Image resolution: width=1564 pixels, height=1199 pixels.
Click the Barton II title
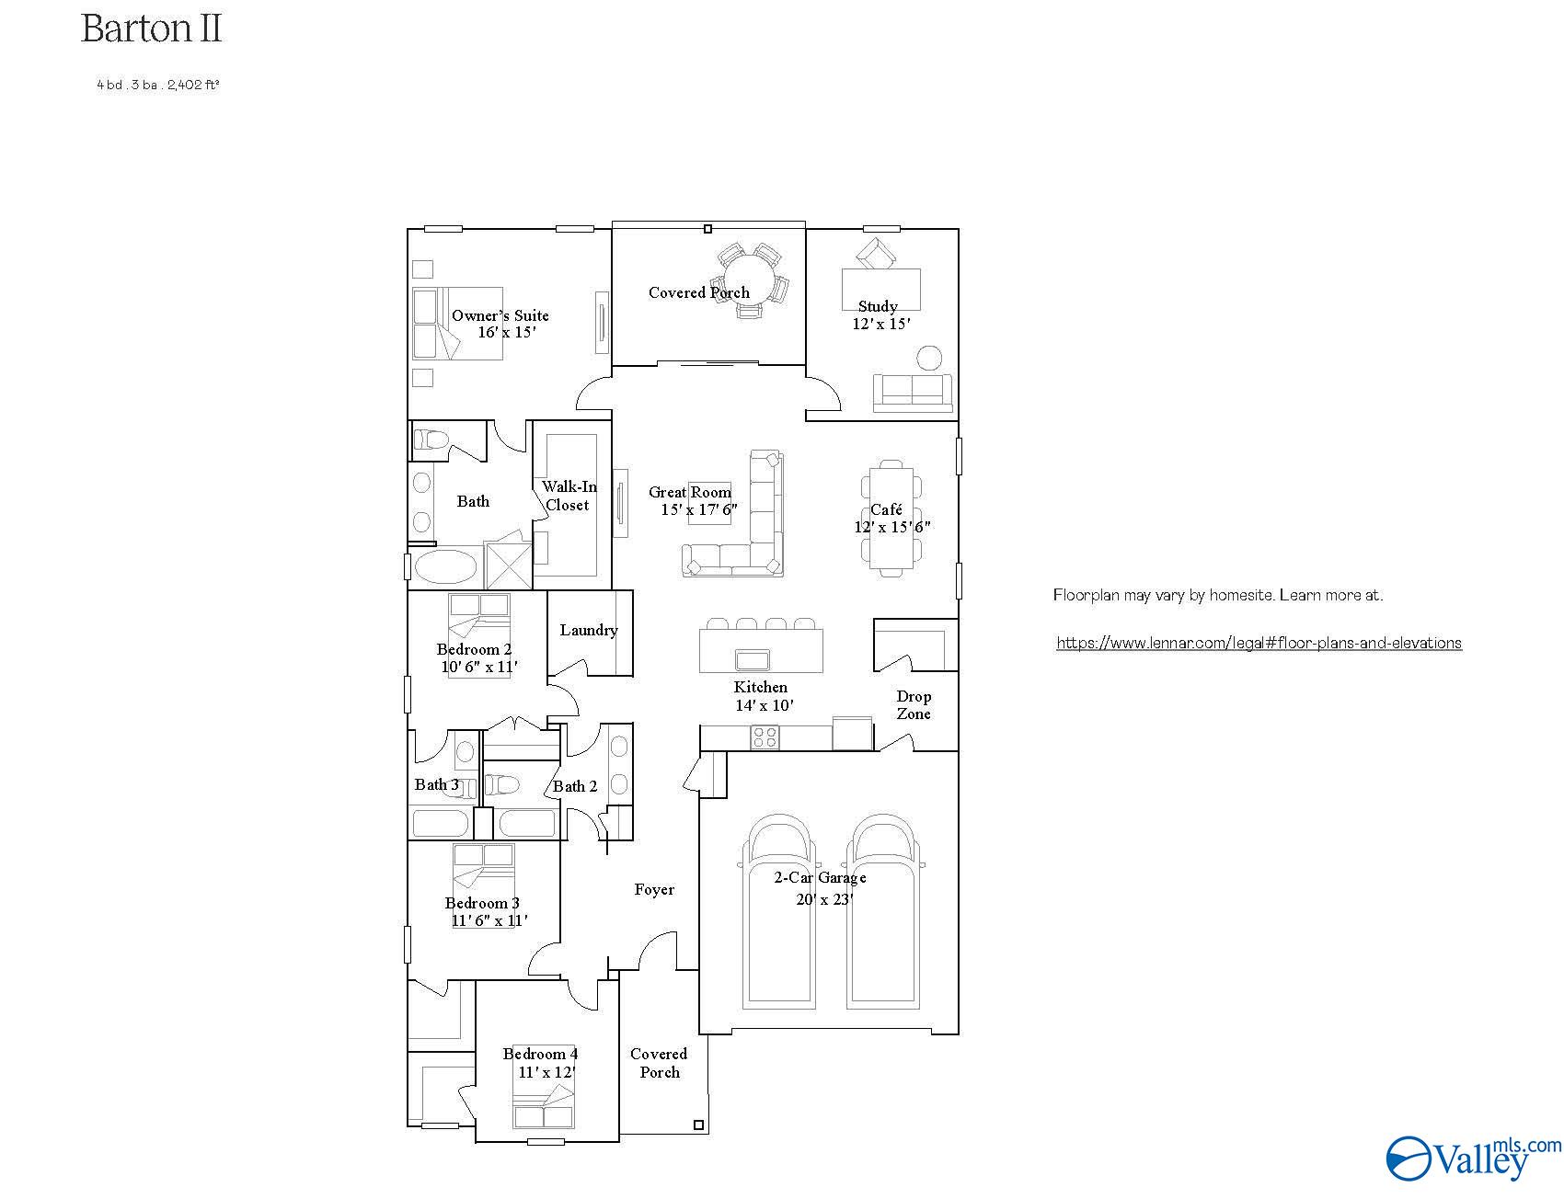[x=152, y=29]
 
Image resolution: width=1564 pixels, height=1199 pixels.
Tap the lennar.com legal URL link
[x=1259, y=644]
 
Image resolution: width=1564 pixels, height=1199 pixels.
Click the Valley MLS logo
[x=1473, y=1158]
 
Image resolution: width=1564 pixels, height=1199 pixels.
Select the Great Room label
[x=689, y=493]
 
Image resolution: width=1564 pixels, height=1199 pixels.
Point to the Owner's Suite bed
[x=457, y=323]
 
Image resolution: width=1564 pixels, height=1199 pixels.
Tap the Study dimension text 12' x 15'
[x=881, y=324]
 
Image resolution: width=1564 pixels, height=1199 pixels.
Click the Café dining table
[x=890, y=519]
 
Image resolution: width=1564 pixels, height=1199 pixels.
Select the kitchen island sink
[x=753, y=658]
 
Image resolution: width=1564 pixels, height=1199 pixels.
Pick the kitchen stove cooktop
[x=765, y=737]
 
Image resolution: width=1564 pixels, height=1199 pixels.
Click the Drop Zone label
[x=914, y=704]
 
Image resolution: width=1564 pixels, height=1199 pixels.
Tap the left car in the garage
[x=780, y=910]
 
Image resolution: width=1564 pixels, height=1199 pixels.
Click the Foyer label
[x=654, y=889]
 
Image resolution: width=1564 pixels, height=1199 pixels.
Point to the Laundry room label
[x=588, y=630]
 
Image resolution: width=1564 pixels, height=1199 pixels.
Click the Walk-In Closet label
[x=569, y=496]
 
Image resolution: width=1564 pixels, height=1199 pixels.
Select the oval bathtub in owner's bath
[x=445, y=567]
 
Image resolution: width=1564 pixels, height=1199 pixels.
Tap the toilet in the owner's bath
[x=430, y=439]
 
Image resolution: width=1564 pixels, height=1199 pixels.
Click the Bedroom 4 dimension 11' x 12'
[x=546, y=1072]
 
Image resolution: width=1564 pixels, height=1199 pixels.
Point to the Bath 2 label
[x=575, y=786]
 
